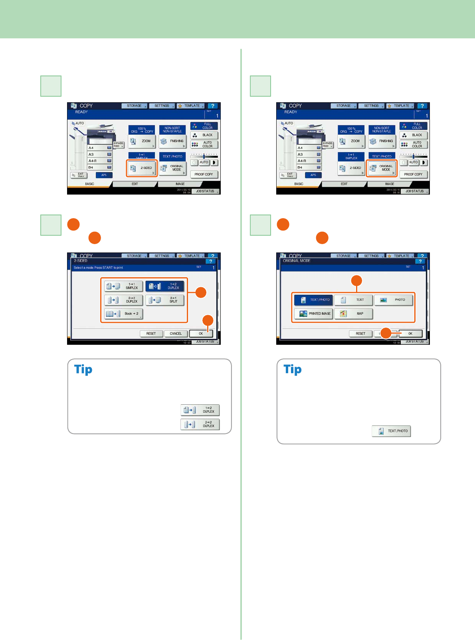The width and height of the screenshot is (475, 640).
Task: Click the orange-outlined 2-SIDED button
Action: [142, 168]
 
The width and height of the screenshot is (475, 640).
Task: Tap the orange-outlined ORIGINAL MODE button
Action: [381, 168]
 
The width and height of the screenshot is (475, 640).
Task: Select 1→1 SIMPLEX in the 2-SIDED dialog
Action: [123, 286]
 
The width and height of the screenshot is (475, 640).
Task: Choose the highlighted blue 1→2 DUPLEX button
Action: [165, 286]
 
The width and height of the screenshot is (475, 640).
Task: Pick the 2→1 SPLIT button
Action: [165, 300]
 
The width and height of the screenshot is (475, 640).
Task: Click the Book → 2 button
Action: [123, 314]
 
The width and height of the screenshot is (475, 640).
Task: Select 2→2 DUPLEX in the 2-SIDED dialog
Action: [123, 300]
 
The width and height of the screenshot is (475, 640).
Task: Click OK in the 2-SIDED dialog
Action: [201, 334]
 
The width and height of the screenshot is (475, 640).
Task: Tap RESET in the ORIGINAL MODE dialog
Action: [360, 334]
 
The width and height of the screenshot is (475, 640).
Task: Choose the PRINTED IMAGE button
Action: [313, 314]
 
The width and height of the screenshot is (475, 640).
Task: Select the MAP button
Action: [354, 314]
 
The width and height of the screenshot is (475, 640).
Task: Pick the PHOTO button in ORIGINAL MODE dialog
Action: [394, 300]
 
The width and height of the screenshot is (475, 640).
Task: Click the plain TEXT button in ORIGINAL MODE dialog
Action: [354, 300]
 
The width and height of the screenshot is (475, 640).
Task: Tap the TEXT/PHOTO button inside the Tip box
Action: [391, 431]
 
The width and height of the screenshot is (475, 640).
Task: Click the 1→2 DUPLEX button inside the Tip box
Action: [200, 410]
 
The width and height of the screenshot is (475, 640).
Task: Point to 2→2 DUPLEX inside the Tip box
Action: [200, 424]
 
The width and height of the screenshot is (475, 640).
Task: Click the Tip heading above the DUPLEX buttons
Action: [83, 370]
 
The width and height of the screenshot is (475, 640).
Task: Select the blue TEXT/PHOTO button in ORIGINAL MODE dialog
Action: [313, 300]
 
